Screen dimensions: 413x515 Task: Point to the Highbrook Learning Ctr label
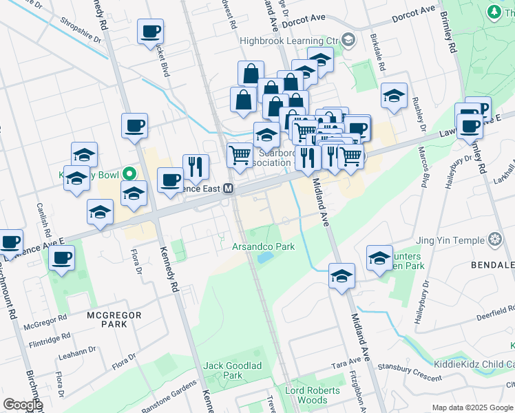tap(290, 41)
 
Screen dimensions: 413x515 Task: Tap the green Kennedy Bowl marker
tap(128, 175)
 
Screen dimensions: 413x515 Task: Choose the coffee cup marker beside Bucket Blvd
tap(150, 32)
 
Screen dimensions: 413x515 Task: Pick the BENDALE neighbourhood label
tap(492, 265)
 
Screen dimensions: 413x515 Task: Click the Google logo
tap(23, 405)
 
